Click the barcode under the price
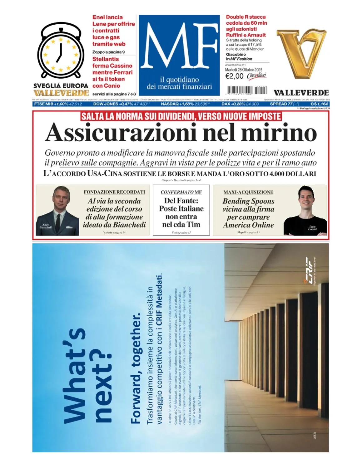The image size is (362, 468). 247,90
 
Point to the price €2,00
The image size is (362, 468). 234,76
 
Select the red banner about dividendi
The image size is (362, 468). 181,116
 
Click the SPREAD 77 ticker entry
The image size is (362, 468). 285,104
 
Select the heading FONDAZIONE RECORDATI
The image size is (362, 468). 114,192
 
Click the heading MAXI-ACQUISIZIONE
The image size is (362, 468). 248,192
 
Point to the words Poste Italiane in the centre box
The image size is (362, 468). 181,209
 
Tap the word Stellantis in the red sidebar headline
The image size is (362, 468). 106,59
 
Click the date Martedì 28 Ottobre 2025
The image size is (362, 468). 244,70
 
